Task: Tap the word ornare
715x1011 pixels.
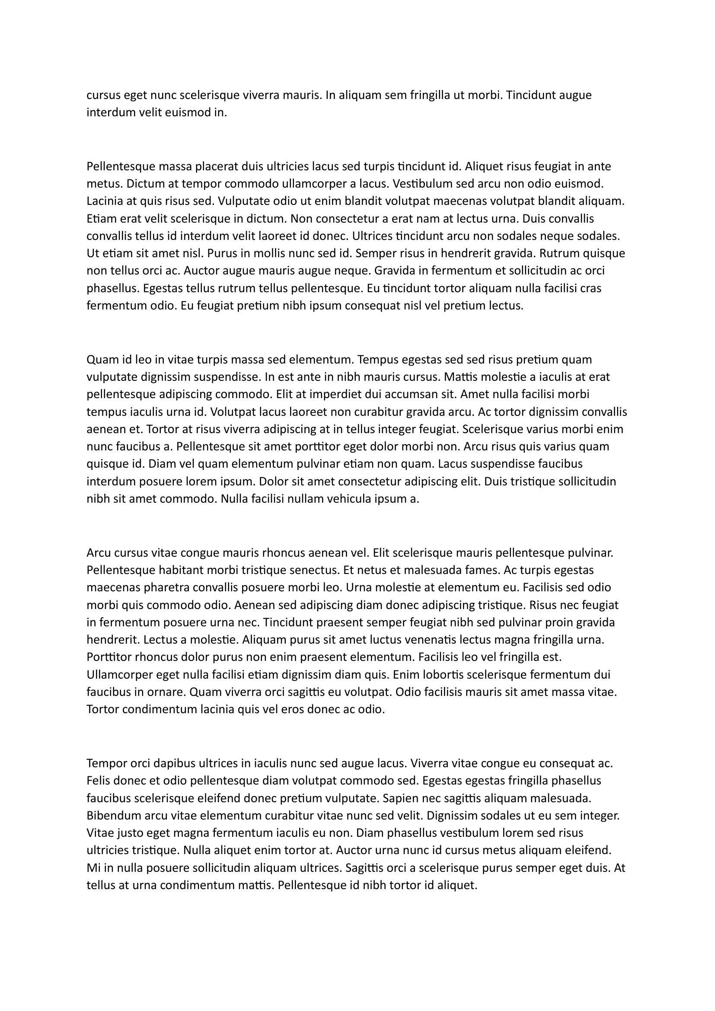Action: tap(166, 692)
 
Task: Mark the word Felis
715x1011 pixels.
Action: tap(98, 781)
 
